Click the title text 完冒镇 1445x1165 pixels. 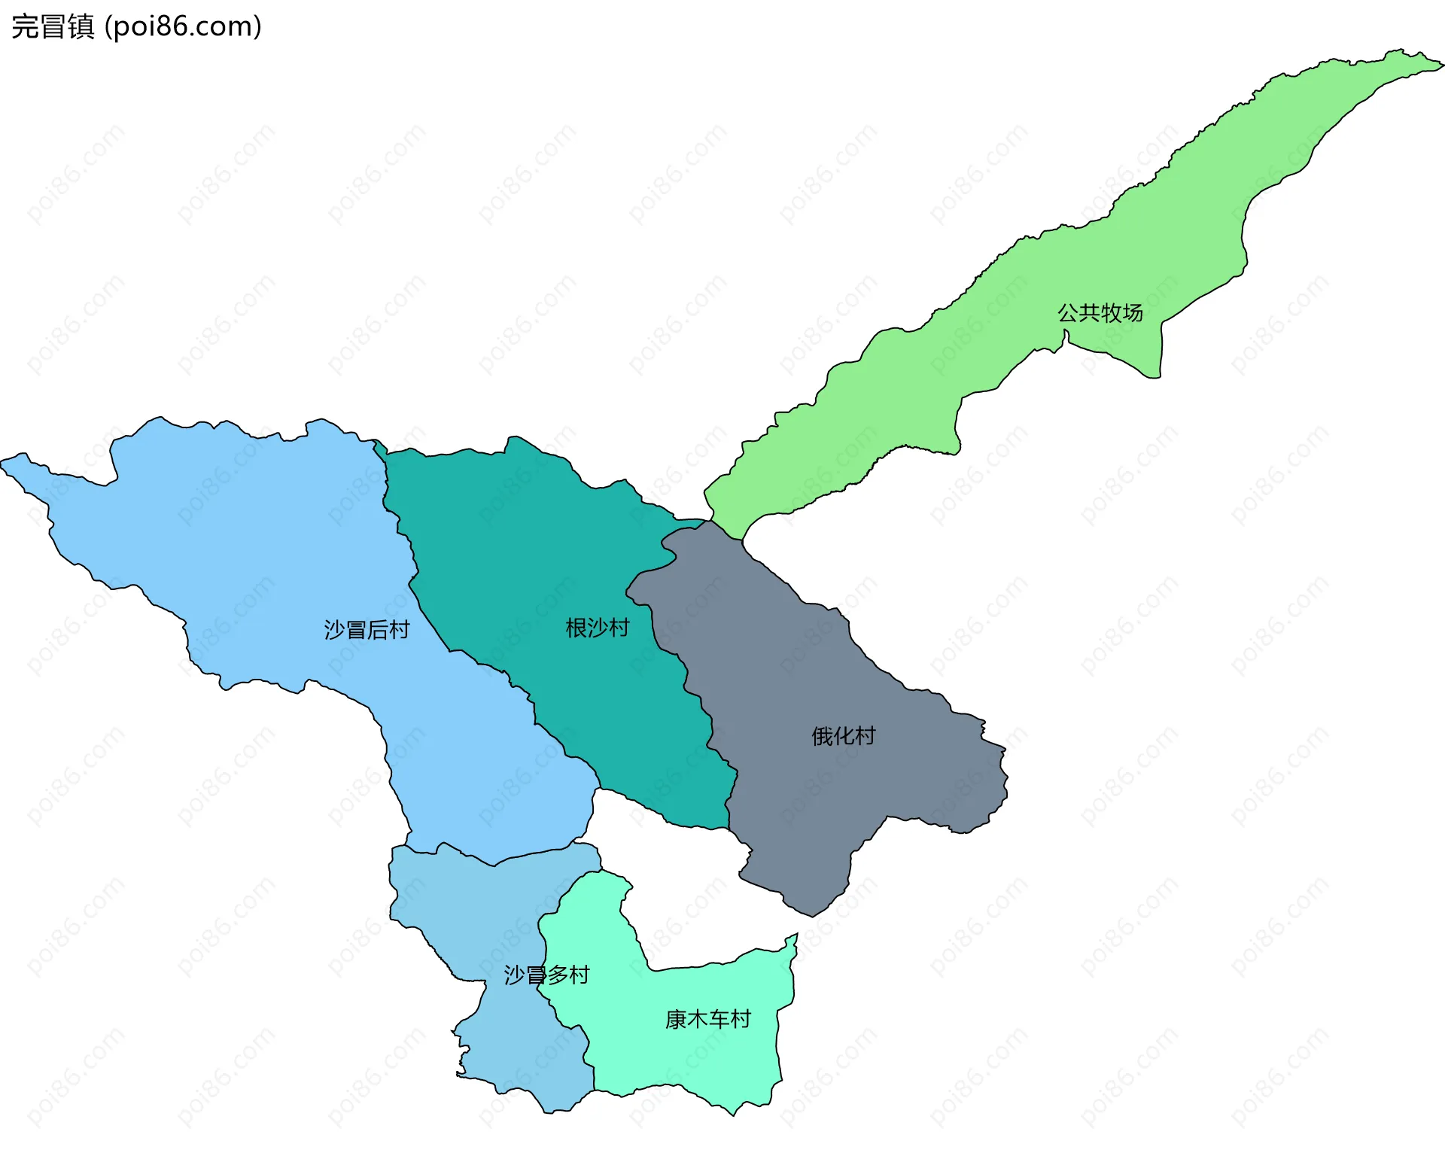click(x=53, y=26)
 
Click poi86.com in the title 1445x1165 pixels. click(x=183, y=26)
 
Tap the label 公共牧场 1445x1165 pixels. click(x=1100, y=312)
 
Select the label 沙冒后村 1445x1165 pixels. click(x=367, y=629)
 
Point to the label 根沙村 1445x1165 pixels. click(x=597, y=627)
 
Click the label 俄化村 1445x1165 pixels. click(x=843, y=735)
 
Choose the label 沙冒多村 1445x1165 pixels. click(x=546, y=975)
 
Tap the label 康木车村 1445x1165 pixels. click(x=707, y=1018)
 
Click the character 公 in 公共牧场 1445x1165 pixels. click(x=1068, y=312)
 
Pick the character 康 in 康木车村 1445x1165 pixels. click(x=676, y=1018)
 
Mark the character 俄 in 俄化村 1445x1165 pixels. click(x=822, y=735)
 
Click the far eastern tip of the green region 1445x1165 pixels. click(x=1442, y=66)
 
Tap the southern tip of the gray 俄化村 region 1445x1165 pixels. click(x=812, y=915)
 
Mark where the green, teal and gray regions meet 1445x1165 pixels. click(x=710, y=521)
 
